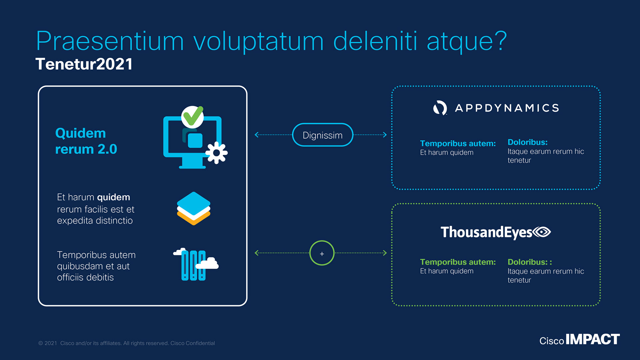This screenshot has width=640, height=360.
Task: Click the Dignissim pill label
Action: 322,135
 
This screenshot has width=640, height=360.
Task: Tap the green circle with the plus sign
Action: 322,253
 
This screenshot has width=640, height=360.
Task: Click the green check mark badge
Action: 192,116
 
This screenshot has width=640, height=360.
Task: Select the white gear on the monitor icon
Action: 216,153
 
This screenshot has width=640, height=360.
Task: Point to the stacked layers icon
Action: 193,208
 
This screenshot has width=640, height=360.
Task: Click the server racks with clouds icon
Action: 196,265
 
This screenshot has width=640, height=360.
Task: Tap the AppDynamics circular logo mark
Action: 440,108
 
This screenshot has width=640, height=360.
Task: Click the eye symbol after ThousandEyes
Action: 542,232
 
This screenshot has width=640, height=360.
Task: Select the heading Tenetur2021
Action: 84,64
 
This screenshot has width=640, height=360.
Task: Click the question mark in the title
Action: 500,40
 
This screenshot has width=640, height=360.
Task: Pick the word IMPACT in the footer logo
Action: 593,339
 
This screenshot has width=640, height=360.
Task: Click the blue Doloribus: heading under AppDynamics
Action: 527,142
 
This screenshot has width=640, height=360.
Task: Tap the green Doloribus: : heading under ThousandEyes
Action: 529,262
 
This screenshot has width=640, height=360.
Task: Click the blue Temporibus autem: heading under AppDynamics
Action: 458,143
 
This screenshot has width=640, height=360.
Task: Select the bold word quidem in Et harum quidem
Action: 113,197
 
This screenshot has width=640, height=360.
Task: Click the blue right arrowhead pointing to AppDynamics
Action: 385,135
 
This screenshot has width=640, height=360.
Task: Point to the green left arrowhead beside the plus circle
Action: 257,253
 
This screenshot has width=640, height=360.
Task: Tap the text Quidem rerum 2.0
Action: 86,141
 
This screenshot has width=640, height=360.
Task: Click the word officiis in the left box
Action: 70,277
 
